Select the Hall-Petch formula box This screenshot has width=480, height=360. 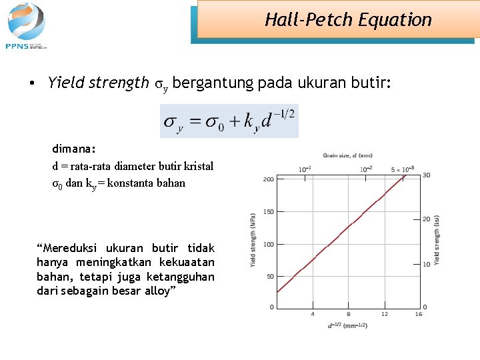(229, 121)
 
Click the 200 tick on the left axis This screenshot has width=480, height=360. (269, 179)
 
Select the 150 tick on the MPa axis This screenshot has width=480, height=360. (269, 212)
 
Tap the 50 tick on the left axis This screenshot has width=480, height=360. (270, 276)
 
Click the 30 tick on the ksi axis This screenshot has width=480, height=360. (426, 175)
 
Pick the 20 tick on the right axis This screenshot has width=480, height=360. (426, 219)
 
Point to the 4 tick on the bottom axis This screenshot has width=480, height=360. (313, 314)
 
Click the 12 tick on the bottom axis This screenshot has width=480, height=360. (385, 314)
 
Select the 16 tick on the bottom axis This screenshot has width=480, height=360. (418, 314)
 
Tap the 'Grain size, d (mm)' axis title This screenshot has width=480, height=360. (347, 155)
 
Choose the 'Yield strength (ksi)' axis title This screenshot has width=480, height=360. (437, 240)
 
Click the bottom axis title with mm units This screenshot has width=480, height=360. (347, 325)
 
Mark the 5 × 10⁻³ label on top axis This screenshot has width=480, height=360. (403, 169)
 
